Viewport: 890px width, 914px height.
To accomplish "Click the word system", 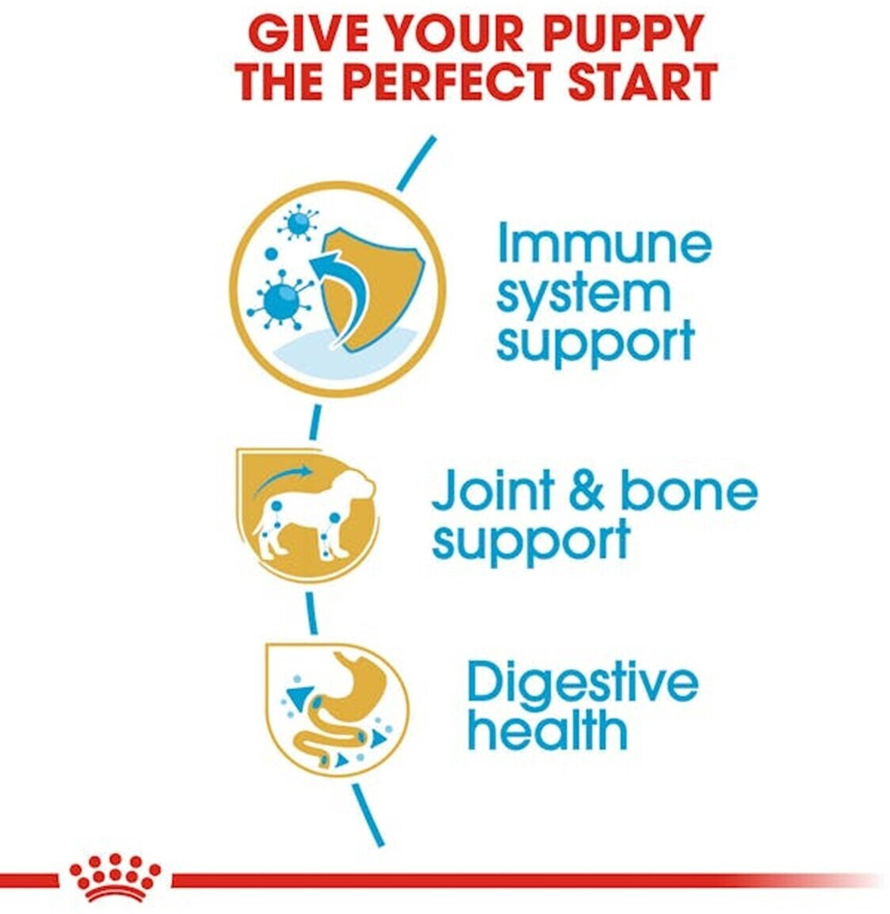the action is click(x=584, y=295).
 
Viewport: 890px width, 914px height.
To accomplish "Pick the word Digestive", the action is click(x=583, y=684).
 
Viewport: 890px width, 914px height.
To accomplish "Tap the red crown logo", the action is click(x=115, y=878).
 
